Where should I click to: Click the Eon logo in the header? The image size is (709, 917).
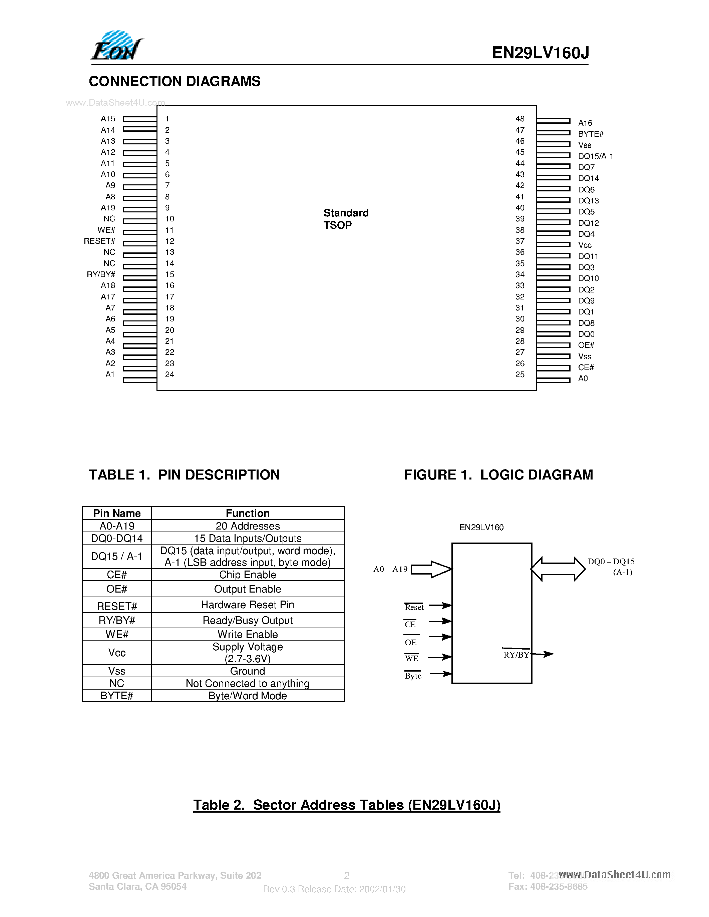tap(117, 46)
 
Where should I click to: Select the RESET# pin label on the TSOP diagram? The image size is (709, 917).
tap(99, 241)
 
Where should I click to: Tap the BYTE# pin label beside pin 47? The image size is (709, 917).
tap(591, 134)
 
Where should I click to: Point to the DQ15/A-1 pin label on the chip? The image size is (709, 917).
tap(596, 156)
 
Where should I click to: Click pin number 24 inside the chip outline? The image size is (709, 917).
tap(170, 374)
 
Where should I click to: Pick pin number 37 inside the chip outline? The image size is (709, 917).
tap(520, 241)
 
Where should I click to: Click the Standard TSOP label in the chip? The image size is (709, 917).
tap(346, 219)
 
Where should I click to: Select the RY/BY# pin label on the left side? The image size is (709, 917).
tap(101, 274)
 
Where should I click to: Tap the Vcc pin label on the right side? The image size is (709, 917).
tap(585, 245)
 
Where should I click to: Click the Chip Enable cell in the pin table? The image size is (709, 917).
tap(247, 575)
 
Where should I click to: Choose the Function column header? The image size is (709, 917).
tap(247, 513)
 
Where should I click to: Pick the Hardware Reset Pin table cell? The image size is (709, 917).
tap(247, 605)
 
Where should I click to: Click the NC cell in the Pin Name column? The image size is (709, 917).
tap(117, 683)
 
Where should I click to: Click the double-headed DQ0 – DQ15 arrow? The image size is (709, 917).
tap(558, 569)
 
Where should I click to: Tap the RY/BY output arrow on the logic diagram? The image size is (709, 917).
tap(543, 654)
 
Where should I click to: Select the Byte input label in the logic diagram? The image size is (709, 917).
tap(413, 676)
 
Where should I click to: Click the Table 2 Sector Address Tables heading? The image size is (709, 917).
tap(347, 805)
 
